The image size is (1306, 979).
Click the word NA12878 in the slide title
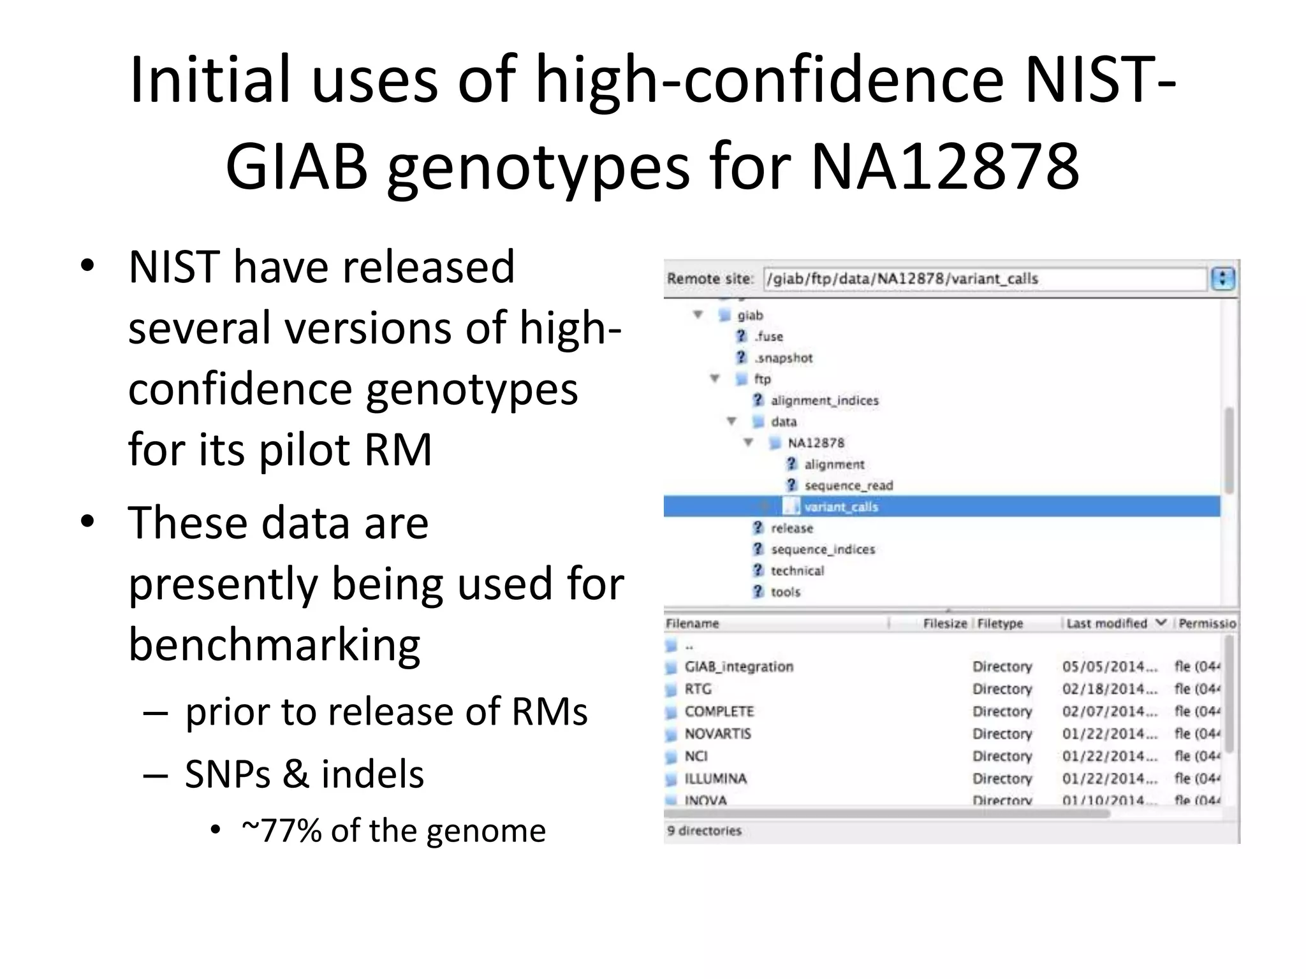[x=945, y=166]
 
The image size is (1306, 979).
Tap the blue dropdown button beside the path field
[x=1222, y=279]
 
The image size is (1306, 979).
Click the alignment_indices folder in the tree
[x=824, y=400]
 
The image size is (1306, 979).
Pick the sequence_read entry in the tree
[x=848, y=486]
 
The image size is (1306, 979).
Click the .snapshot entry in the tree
[x=784, y=358]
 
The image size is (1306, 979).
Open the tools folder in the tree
[x=785, y=592]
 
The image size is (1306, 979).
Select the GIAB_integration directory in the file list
[x=738, y=667]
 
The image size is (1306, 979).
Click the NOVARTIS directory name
[x=717, y=734]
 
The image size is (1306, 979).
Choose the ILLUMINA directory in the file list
[x=715, y=778]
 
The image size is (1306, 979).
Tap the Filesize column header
[x=944, y=623]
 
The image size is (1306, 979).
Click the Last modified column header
[x=1106, y=623]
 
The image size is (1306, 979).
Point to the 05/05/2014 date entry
[x=1109, y=667]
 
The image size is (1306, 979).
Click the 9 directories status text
[x=704, y=830]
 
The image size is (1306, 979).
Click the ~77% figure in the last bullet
[x=281, y=830]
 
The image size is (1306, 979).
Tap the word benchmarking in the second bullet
[x=274, y=644]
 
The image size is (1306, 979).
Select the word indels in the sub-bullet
[x=372, y=774]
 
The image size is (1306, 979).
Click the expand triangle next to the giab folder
[x=698, y=315]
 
